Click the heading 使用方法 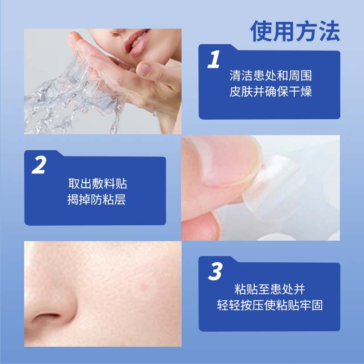(295, 31)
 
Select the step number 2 (39, 166)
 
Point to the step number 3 (214, 272)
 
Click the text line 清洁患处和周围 (270, 76)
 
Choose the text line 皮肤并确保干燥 (270, 92)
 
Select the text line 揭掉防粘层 (96, 200)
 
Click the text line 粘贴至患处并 (270, 288)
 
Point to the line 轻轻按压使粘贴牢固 (270, 305)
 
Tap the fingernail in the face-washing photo (144, 69)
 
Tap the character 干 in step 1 (293, 92)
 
